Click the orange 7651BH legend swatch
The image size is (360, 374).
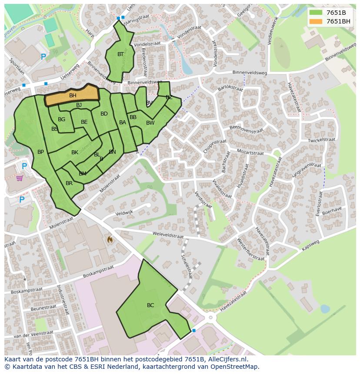tap(316, 21)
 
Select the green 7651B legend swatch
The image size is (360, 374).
tap(316, 13)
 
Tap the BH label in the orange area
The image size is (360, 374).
tap(73, 96)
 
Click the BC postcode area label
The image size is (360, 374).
tap(150, 305)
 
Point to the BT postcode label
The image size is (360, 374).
tap(120, 54)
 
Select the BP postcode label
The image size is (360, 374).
tap(40, 152)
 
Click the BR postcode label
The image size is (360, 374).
tap(69, 183)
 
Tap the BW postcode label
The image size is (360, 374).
tap(150, 123)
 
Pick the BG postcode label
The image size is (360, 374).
tap(61, 119)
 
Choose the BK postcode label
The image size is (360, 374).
tap(75, 152)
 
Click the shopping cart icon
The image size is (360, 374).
tap(20, 178)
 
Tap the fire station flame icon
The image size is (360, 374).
tap(110, 239)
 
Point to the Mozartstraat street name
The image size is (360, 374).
tap(250, 152)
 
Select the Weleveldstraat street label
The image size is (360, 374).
tap(168, 235)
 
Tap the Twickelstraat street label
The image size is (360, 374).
tap(321, 140)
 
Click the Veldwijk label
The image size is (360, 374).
tap(124, 213)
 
